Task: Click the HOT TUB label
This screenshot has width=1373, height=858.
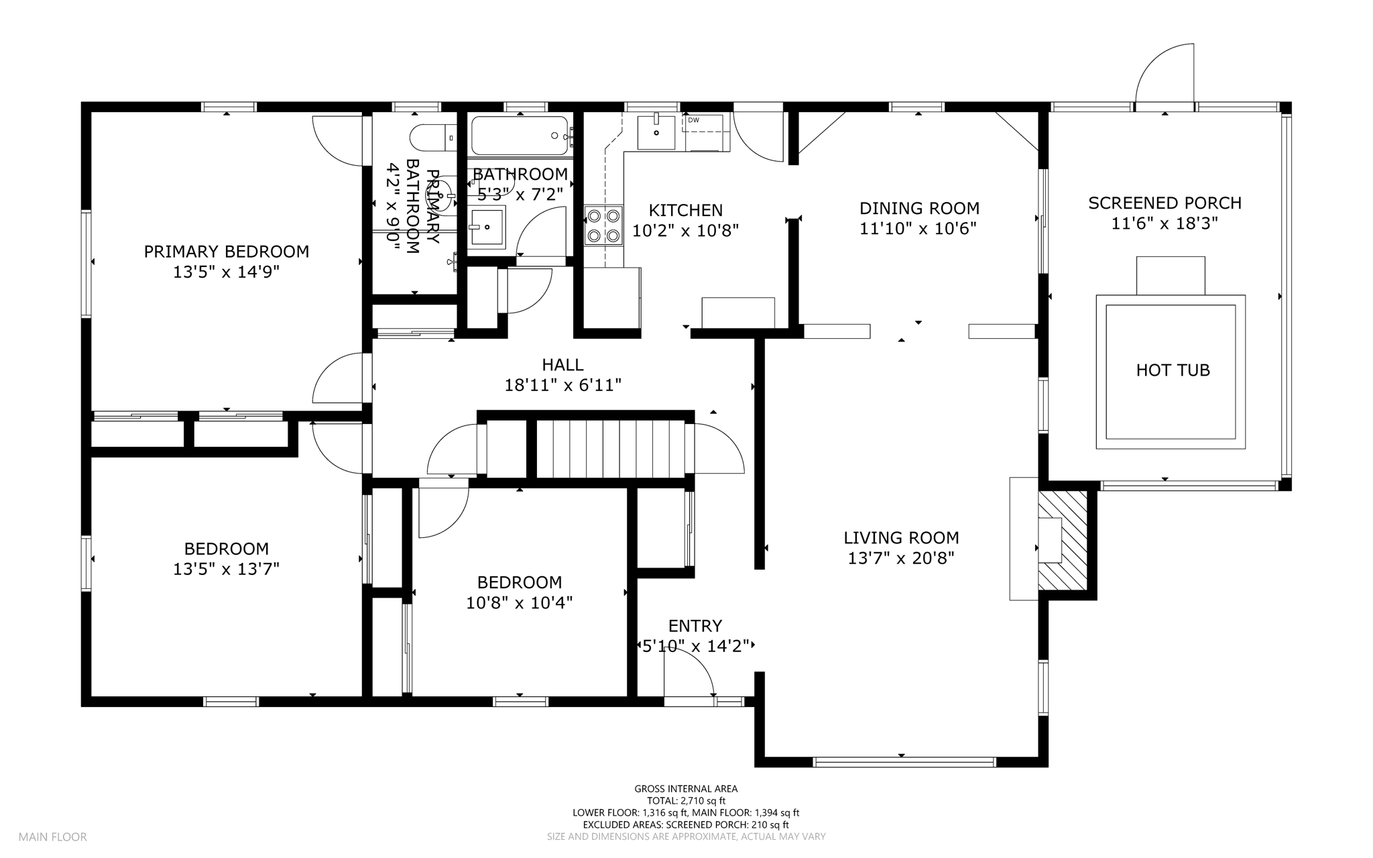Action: [x=1173, y=370]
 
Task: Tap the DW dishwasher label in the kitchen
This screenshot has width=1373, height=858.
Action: [x=693, y=120]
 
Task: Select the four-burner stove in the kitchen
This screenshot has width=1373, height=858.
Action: [x=603, y=226]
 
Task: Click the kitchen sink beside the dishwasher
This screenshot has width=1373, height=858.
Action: [x=656, y=132]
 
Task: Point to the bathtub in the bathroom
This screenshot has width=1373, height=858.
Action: [x=520, y=136]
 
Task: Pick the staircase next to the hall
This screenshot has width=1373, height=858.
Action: [x=611, y=449]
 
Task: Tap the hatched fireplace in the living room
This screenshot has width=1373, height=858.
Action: [x=1063, y=541]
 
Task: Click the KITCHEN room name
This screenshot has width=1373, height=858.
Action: [x=686, y=211]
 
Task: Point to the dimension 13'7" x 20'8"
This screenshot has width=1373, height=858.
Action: [x=901, y=558]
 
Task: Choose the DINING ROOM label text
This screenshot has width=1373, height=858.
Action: [x=919, y=209]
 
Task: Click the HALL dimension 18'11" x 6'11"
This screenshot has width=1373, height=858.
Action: [x=562, y=385]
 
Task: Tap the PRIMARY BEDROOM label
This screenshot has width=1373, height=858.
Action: [x=227, y=252]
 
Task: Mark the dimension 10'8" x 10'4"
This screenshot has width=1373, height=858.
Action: [x=520, y=603]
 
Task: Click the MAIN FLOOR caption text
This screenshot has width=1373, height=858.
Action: [x=52, y=837]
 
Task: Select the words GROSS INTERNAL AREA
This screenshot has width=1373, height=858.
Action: [x=686, y=789]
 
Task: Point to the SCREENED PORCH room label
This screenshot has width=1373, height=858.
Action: [x=1165, y=203]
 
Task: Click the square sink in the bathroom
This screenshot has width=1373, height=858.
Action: [x=486, y=227]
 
